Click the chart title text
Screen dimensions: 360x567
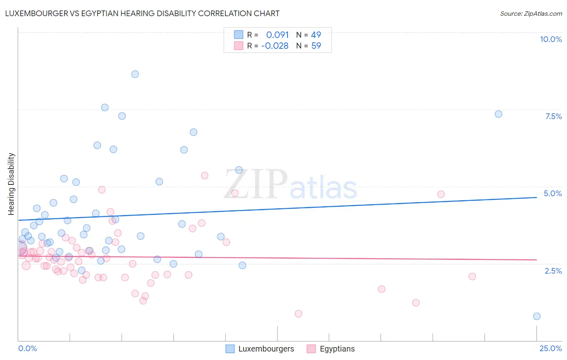(x=142, y=13)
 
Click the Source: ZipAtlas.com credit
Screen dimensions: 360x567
(x=531, y=14)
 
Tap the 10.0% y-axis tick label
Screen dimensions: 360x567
(x=550, y=39)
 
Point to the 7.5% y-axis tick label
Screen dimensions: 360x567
(x=553, y=116)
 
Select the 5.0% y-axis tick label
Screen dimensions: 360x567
(x=552, y=193)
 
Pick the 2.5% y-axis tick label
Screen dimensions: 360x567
(x=553, y=271)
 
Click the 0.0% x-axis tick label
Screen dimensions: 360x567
(x=27, y=348)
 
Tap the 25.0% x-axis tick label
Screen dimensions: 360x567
(x=550, y=348)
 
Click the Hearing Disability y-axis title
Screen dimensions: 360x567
(x=11, y=184)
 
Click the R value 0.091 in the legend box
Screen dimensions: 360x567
(x=277, y=35)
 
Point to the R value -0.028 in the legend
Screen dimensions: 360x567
(x=275, y=46)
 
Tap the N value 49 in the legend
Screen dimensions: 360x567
(x=316, y=35)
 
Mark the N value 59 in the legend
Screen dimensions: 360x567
(x=316, y=46)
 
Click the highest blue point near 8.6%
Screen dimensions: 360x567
(x=135, y=74)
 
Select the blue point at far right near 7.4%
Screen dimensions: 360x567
(x=498, y=114)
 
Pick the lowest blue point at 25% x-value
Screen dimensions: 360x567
(x=537, y=316)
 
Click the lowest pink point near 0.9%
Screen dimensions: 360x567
(x=298, y=314)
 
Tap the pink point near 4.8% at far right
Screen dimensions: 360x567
(x=441, y=194)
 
